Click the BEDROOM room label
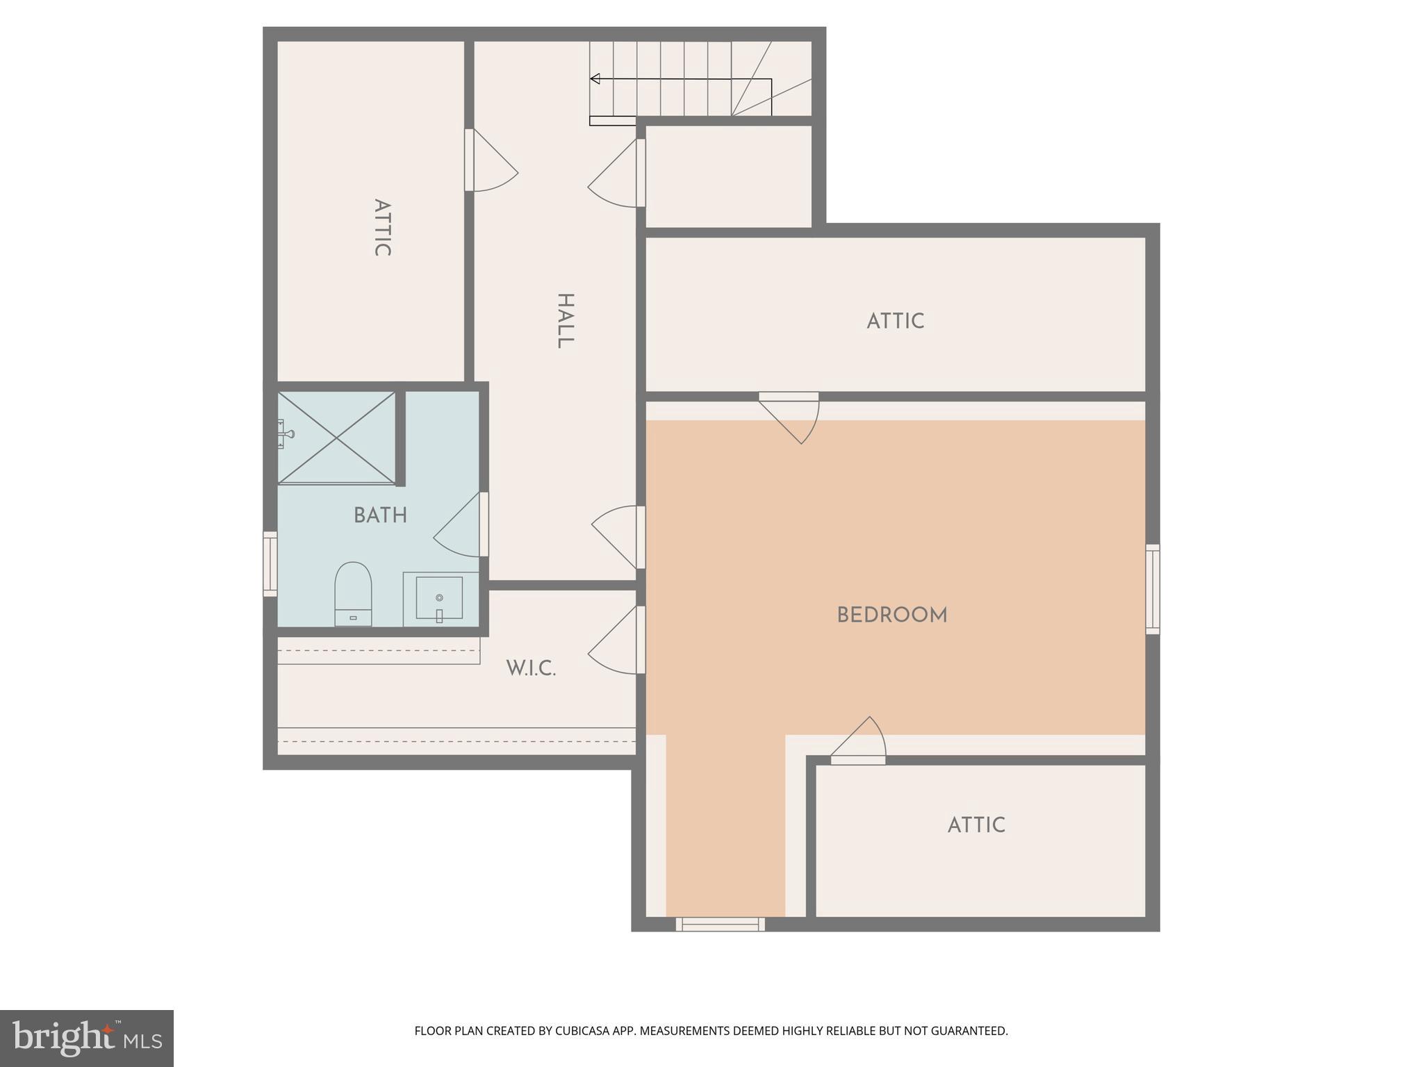pos(891,615)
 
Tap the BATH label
pos(380,515)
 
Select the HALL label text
pos(565,321)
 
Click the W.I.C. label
pos(531,668)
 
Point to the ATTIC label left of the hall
pos(381,228)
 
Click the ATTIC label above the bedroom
pos(895,321)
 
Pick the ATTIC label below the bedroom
pos(976,825)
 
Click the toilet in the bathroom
pos(353,593)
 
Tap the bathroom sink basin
pos(439,598)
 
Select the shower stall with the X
pos(336,438)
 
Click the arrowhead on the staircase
pos(595,78)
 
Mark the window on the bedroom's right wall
pos(1152,589)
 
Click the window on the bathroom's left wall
pos(270,563)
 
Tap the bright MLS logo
pos(87,1038)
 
